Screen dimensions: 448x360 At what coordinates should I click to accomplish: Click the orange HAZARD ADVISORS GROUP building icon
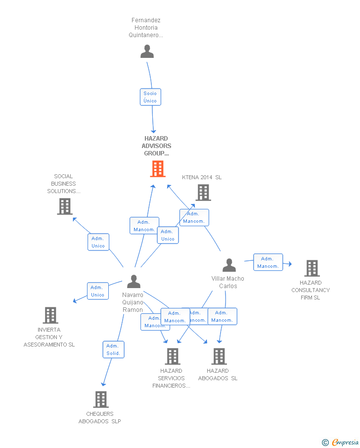157,169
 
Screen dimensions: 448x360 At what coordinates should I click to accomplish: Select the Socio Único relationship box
150,97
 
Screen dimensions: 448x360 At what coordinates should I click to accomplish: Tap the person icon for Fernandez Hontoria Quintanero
147,51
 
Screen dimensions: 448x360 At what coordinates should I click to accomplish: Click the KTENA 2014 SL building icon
203,193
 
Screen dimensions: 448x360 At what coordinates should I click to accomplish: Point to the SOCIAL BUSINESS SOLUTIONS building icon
65,206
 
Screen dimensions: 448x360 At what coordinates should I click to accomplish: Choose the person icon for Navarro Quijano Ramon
134,281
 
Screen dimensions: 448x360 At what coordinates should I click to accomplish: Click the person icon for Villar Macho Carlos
229,265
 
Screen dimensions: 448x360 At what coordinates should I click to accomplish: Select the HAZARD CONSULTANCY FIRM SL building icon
312,268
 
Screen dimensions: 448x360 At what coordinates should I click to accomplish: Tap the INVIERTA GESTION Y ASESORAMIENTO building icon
50,315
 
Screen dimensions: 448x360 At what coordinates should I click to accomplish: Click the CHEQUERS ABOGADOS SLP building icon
101,399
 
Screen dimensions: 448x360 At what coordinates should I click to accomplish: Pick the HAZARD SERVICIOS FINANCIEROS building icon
172,356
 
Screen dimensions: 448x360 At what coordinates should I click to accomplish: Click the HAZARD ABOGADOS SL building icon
219,356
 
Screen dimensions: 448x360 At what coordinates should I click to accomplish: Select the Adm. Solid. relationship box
113,349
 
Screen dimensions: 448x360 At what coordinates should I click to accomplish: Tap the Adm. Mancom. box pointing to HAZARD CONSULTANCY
268,262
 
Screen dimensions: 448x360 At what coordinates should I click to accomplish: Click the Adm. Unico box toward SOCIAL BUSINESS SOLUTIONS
98,242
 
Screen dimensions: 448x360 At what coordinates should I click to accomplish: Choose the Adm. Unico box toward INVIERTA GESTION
97,291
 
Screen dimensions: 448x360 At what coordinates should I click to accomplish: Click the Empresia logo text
345,442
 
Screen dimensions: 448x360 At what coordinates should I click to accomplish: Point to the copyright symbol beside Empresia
325,443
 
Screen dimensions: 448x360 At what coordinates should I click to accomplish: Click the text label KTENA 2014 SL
202,177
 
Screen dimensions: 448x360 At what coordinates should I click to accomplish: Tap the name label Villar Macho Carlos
228,282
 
